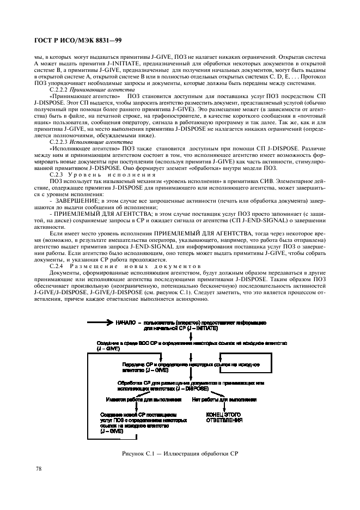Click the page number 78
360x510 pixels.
click(x=39, y=468)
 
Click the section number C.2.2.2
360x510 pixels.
click(x=60, y=89)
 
